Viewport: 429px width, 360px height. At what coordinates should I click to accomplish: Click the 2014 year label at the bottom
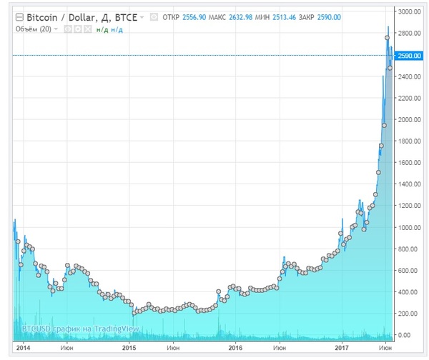tap(23, 348)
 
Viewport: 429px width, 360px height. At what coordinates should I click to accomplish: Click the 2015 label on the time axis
tap(129, 348)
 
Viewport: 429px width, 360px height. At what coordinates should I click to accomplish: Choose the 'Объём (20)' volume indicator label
tap(34, 29)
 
